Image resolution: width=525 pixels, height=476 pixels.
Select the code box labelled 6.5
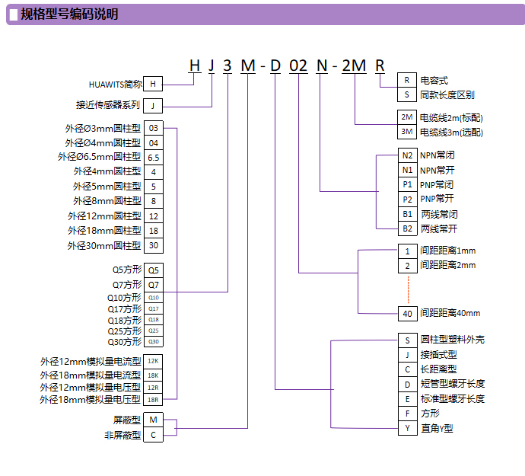point(154,157)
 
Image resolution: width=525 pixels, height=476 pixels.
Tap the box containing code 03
point(154,128)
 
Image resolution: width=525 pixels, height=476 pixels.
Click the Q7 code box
point(154,284)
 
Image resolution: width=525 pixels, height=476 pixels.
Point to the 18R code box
point(154,398)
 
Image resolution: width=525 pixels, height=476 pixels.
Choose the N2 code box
point(407,155)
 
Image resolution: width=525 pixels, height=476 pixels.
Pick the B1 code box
point(407,214)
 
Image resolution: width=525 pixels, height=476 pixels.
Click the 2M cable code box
point(407,117)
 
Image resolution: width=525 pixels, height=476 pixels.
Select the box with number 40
point(407,313)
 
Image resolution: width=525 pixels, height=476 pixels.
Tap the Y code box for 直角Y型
point(407,428)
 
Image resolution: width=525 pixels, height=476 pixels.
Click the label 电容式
point(434,80)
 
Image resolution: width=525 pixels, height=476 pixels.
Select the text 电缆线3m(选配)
point(451,133)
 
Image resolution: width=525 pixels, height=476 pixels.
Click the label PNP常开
point(437,199)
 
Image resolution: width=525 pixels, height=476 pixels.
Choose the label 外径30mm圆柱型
point(104,245)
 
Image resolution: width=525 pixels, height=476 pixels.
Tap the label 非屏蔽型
point(123,435)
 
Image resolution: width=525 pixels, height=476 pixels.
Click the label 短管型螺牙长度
point(452,384)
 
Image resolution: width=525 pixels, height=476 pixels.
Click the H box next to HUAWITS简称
point(154,84)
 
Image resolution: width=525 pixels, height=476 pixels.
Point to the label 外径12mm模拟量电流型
point(91,362)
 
